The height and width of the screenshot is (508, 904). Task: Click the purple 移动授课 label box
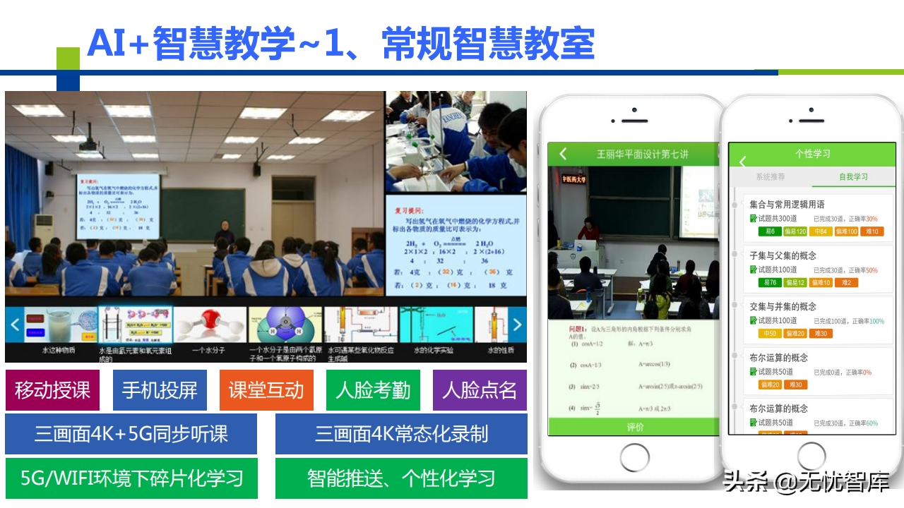(52, 390)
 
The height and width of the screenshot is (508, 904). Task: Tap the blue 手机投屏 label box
(160, 390)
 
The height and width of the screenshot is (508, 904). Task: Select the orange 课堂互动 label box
(266, 390)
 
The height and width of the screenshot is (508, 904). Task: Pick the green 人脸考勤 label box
(373, 390)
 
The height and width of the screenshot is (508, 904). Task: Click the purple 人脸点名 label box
(480, 390)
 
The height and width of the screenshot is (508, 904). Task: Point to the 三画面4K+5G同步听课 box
(131, 434)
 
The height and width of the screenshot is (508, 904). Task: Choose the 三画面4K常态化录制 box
(401, 434)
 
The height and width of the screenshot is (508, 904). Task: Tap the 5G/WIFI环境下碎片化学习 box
(131, 478)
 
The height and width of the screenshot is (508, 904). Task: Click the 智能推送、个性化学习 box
(401, 478)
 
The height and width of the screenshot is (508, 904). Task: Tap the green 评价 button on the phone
(634, 427)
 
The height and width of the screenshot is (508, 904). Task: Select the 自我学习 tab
(853, 177)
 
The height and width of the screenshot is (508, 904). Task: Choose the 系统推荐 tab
(771, 177)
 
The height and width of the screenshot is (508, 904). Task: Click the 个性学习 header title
(812, 154)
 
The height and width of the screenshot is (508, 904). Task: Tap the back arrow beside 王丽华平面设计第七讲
(563, 154)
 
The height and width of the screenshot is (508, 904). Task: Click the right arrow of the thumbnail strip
(517, 325)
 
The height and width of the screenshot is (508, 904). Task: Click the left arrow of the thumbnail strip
(15, 325)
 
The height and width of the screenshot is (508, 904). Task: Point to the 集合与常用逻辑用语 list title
(787, 205)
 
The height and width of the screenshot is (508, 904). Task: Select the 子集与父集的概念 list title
(783, 255)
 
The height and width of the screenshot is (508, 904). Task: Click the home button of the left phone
(634, 457)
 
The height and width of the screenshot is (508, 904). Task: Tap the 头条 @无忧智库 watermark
(805, 483)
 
